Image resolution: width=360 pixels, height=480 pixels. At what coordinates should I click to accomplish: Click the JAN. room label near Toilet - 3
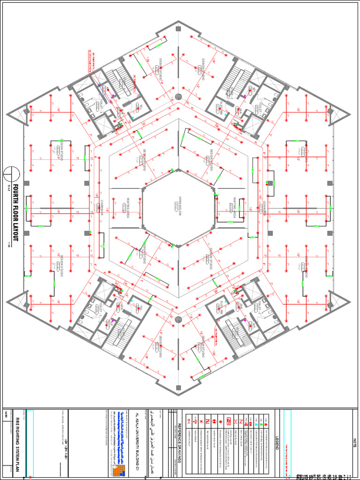click(x=120, y=307)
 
